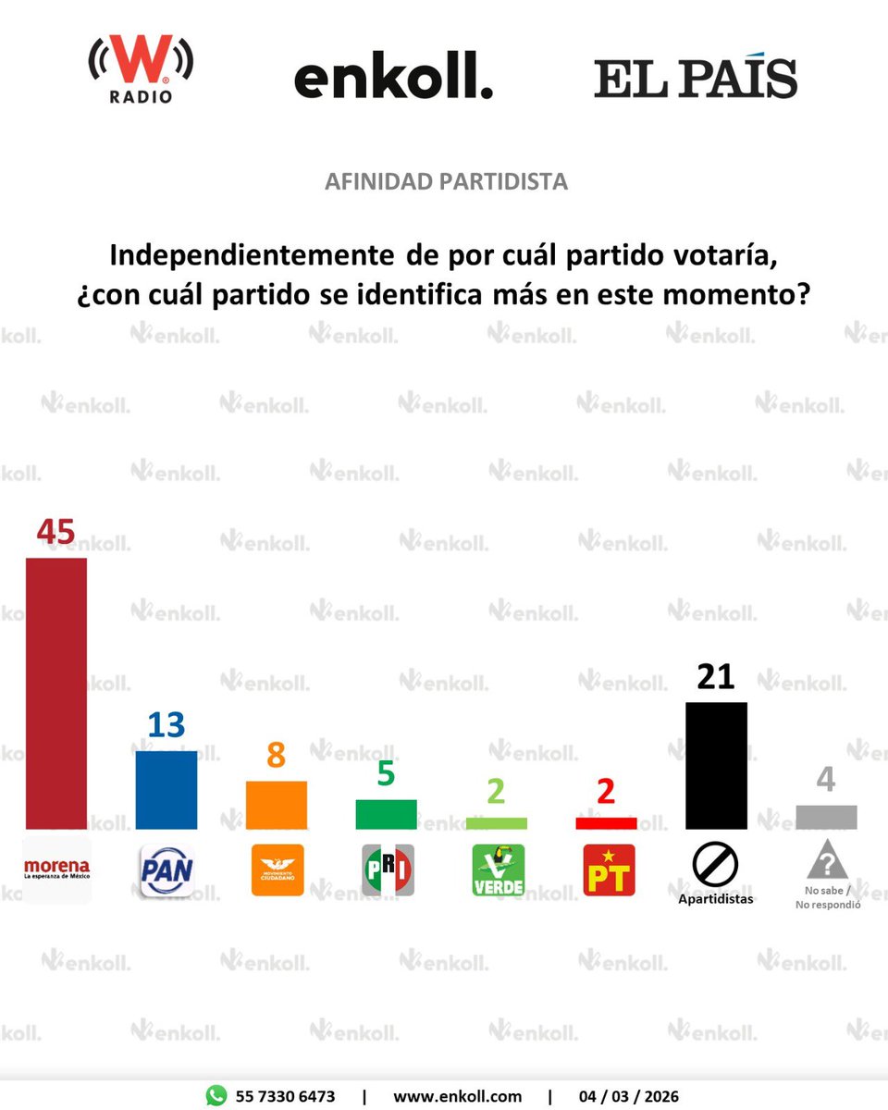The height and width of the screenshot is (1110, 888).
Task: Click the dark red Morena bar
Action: pos(56,694)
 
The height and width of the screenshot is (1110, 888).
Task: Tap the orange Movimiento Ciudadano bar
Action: pos(277,805)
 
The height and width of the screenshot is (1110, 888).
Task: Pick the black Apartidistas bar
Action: pos(716,766)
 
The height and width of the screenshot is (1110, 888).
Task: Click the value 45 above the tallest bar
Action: pos(55,534)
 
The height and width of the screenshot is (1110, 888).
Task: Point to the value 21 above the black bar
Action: pos(715,677)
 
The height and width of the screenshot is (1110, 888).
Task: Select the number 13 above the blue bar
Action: pos(166,725)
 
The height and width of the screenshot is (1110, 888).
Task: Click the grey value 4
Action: pos(825,779)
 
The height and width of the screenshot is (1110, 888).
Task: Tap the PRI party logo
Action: pos(387,869)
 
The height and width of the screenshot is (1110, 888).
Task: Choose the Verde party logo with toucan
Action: pos(498,869)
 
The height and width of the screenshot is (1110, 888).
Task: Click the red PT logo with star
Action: pos(609,869)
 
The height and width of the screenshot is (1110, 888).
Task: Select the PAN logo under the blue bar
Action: pos(166,869)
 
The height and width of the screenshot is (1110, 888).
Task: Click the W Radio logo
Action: pos(141,70)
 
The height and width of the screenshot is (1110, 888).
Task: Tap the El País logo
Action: pos(696,79)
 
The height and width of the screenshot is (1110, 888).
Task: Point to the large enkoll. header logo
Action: pos(393,79)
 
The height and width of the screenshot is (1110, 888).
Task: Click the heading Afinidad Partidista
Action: pos(446,181)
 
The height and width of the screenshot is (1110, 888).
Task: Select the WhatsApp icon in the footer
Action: pos(216,1096)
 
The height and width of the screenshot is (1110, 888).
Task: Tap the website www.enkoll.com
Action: pos(457,1096)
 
